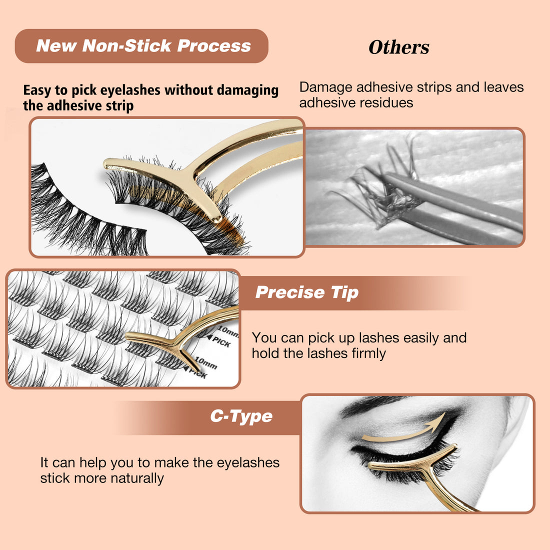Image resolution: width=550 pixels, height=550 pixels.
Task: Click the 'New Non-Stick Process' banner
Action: point(142,46)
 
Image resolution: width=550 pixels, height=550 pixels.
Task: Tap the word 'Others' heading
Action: point(398,47)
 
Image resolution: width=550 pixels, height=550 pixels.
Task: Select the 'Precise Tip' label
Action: point(306,292)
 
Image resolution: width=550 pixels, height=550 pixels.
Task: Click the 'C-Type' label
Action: point(241,416)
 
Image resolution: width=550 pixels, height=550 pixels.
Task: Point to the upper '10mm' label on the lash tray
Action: point(228,331)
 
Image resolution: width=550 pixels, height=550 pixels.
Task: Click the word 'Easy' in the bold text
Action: point(37,90)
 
